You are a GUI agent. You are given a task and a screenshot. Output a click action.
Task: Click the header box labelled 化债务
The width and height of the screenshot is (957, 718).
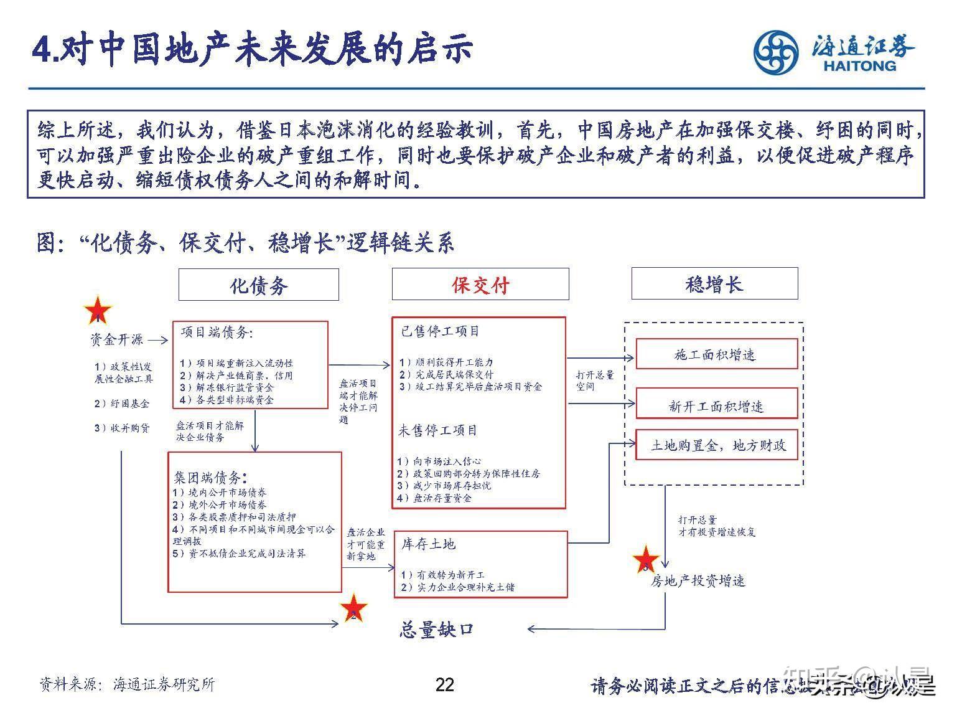click(258, 285)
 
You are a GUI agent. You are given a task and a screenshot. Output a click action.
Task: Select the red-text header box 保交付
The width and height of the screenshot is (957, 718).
click(480, 285)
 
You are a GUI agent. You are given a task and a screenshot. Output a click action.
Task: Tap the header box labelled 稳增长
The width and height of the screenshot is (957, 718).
click(714, 284)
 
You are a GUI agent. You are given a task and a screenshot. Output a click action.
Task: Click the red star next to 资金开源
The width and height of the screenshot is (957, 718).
click(98, 311)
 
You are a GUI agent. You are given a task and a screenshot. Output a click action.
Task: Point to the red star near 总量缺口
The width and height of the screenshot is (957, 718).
click(353, 608)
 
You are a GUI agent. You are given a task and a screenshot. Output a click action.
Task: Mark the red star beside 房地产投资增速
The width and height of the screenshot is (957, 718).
click(646, 560)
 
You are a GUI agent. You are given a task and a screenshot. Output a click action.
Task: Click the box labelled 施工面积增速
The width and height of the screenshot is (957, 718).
click(716, 354)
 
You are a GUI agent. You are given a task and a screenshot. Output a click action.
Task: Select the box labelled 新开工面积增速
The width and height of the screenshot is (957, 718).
click(716, 406)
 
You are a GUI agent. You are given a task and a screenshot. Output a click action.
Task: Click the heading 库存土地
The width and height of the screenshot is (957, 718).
click(428, 544)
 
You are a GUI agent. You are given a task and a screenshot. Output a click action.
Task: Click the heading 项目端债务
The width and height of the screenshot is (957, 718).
click(217, 333)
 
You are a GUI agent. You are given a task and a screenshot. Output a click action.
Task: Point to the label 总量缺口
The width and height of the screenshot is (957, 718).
click(436, 630)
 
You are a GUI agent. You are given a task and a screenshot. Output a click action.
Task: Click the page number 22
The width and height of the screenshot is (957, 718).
click(445, 685)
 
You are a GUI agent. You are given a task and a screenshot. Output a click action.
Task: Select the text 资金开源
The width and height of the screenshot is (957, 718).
click(116, 339)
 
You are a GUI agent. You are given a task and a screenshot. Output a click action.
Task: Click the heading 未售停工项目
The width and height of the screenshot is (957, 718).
click(438, 430)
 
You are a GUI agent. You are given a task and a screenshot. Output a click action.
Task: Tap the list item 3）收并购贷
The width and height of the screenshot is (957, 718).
click(122, 428)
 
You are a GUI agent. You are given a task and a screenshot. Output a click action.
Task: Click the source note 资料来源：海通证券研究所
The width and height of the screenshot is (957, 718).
click(127, 684)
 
